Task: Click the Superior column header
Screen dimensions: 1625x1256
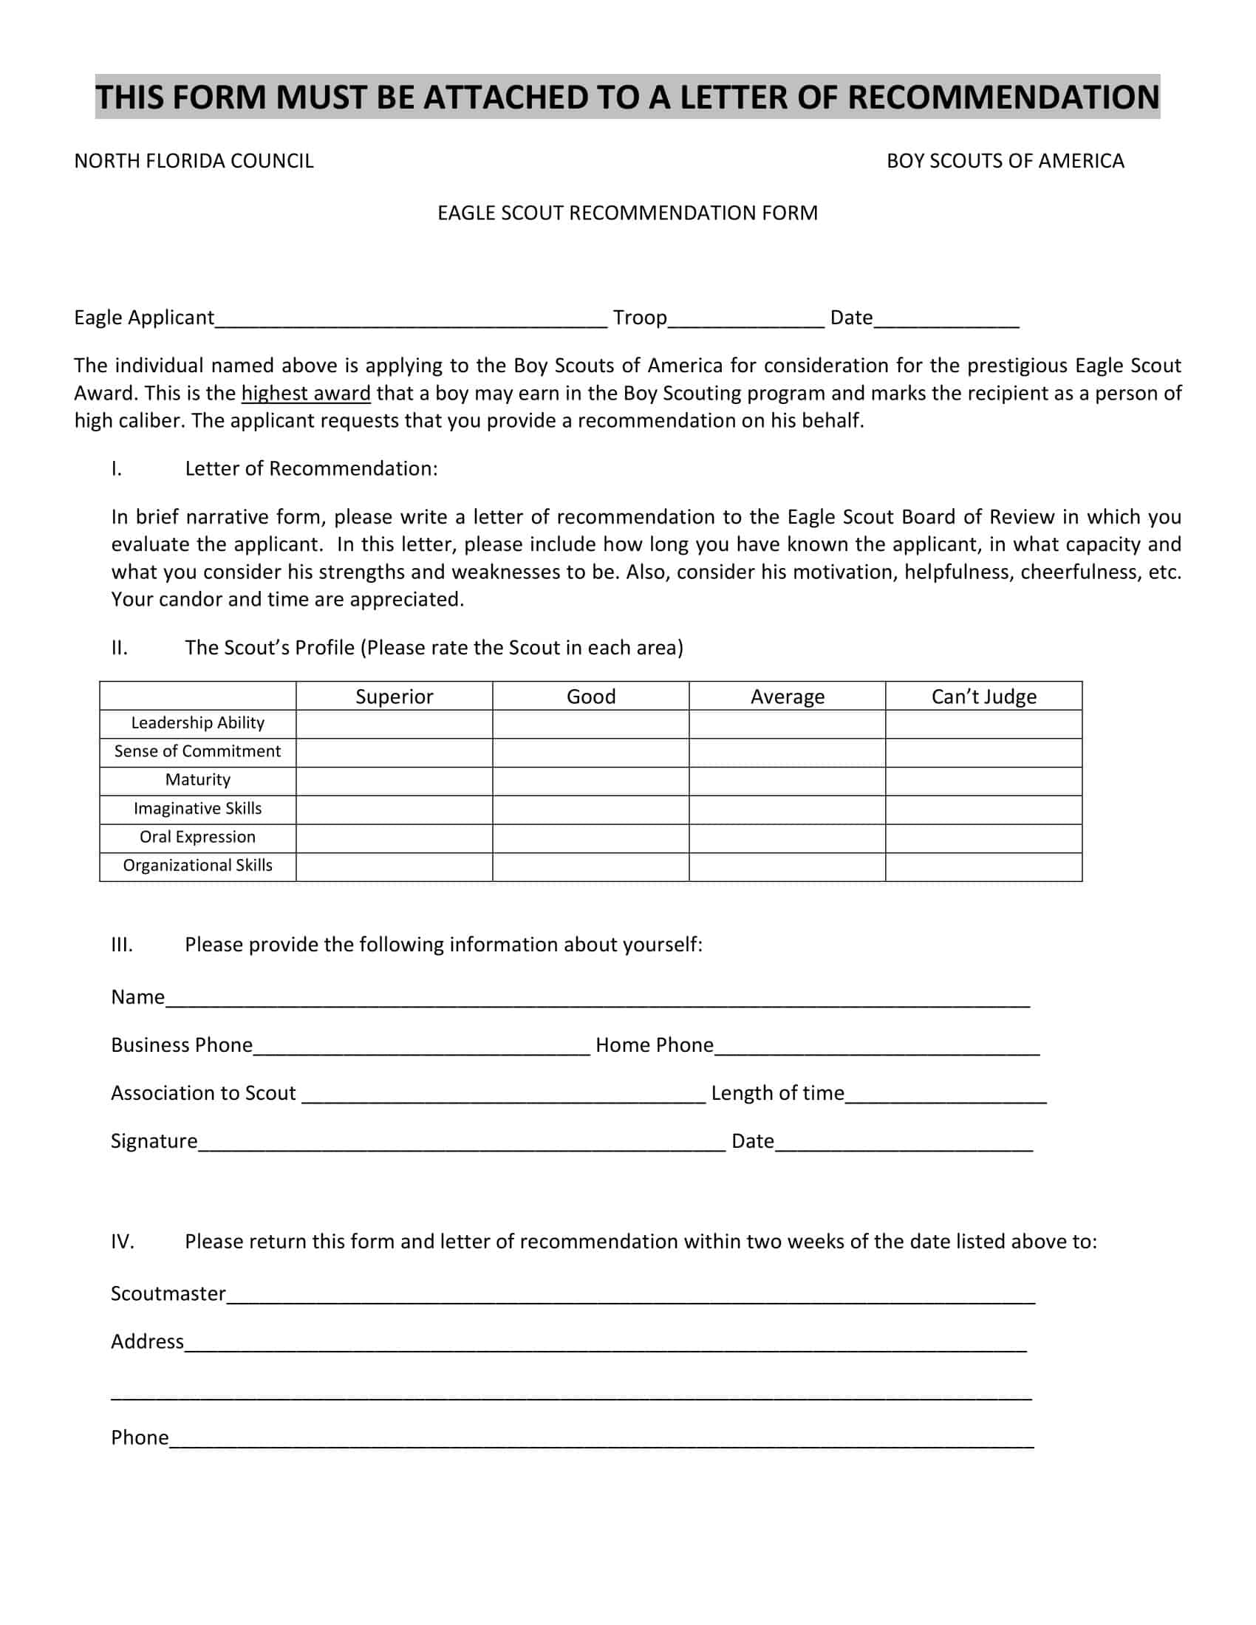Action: (x=394, y=697)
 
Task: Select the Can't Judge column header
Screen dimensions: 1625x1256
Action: (x=983, y=697)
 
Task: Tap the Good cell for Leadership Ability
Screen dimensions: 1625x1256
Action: (x=590, y=724)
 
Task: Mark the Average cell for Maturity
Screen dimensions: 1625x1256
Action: (x=787, y=781)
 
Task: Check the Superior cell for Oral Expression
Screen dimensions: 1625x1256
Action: (x=394, y=838)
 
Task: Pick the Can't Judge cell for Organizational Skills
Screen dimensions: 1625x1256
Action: (x=983, y=867)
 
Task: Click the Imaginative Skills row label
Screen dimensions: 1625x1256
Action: (x=197, y=809)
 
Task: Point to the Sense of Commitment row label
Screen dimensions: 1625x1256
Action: (x=197, y=751)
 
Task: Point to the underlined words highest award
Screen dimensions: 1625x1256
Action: (x=306, y=394)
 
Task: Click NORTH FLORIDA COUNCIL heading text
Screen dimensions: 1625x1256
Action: (x=194, y=162)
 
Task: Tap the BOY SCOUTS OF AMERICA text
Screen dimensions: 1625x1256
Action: (x=1005, y=162)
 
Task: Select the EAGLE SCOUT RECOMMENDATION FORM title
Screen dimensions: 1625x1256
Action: (x=627, y=213)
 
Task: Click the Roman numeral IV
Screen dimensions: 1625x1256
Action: (x=123, y=1242)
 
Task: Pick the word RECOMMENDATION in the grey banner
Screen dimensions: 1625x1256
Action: (x=1003, y=97)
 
